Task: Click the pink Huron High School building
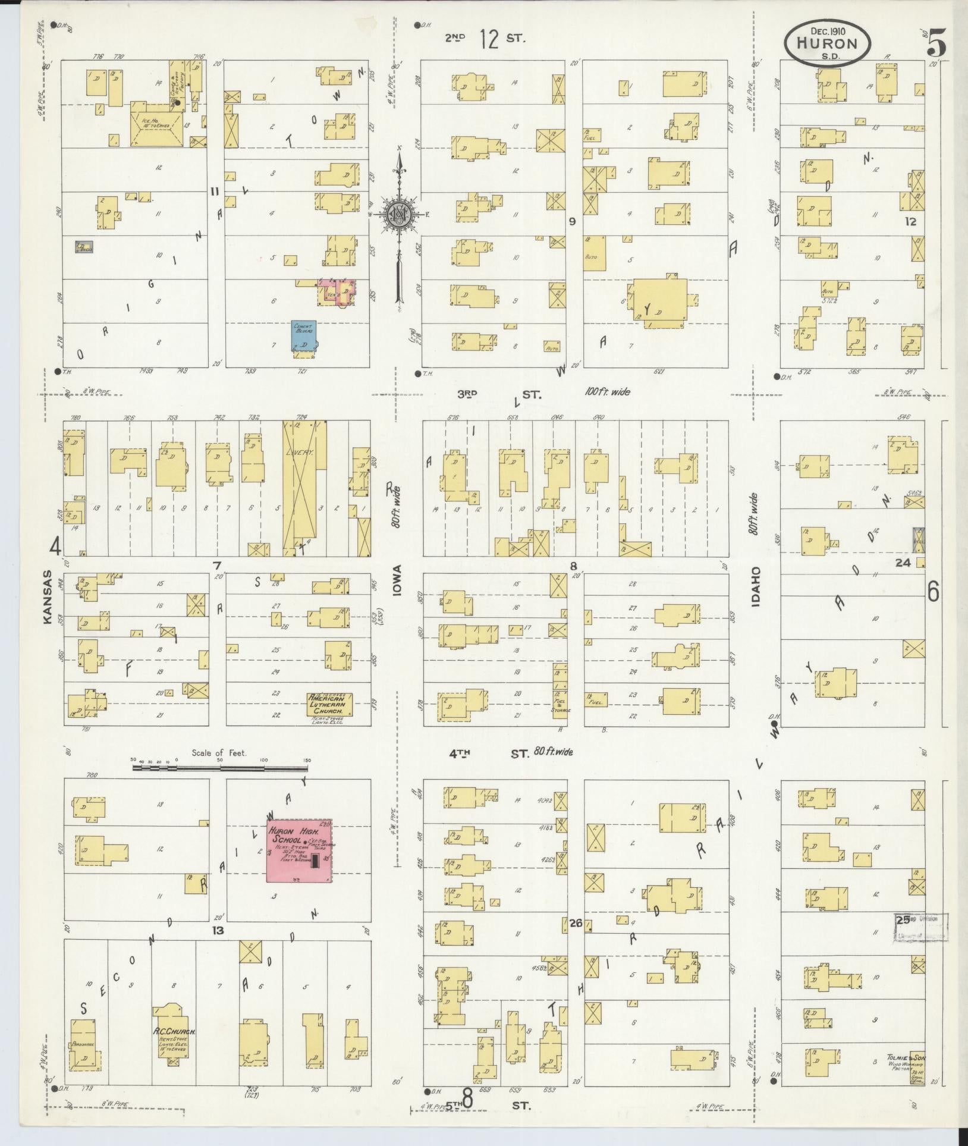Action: point(299,850)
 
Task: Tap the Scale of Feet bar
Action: point(219,768)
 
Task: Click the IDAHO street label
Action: point(755,587)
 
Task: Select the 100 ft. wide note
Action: point(606,392)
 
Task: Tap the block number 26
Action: point(574,924)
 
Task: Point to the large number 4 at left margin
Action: point(55,547)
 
